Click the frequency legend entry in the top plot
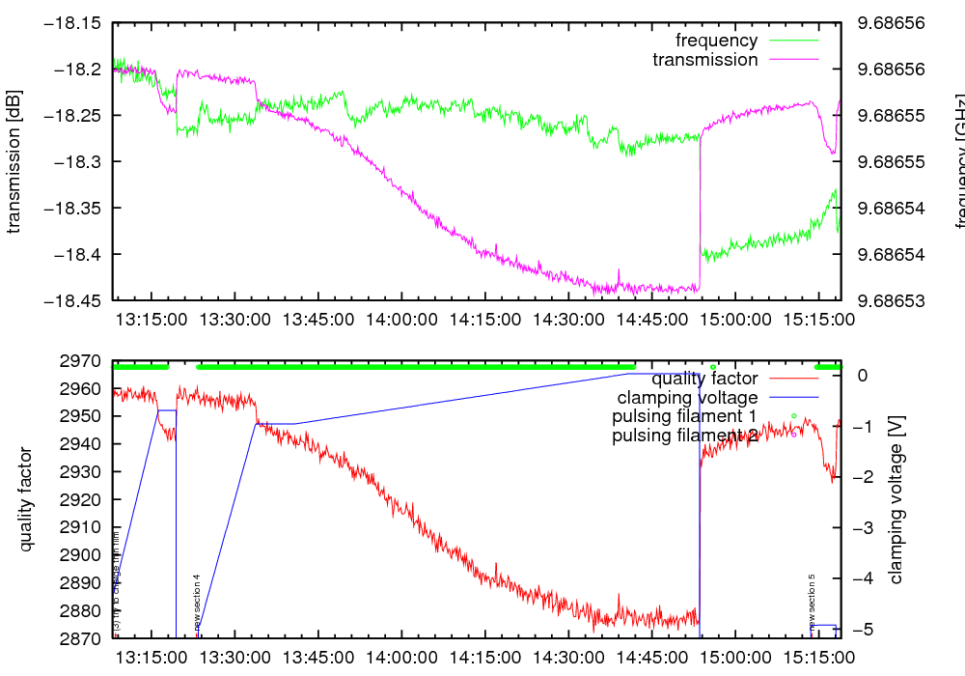[716, 41]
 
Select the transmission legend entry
[704, 60]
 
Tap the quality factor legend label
[704, 379]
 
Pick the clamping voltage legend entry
[687, 398]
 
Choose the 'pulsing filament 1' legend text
[684, 416]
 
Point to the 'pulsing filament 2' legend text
[684, 436]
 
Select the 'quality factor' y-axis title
[26, 499]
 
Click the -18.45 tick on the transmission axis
[71, 300]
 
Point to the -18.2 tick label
[77, 70]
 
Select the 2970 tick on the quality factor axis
[81, 361]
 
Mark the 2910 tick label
[81, 527]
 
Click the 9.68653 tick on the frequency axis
[890, 300]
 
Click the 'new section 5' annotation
[813, 601]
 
